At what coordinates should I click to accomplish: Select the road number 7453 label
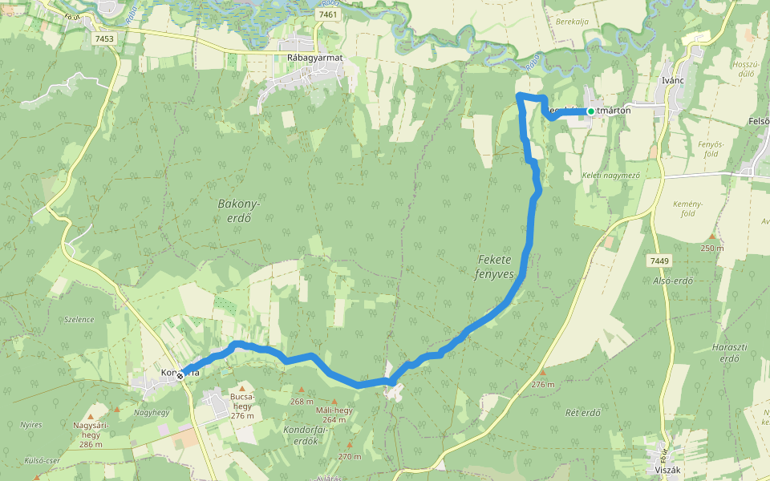(103, 38)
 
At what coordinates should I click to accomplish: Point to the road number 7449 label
(659, 261)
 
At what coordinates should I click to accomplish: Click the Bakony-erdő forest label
(235, 211)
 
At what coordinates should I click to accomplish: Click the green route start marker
(591, 111)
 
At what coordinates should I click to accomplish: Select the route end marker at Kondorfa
(180, 374)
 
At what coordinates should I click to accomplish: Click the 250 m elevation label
(711, 248)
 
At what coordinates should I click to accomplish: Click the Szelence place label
(79, 319)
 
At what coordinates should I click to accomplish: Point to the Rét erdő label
(583, 413)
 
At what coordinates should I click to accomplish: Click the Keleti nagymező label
(610, 175)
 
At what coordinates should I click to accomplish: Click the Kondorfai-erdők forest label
(302, 435)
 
